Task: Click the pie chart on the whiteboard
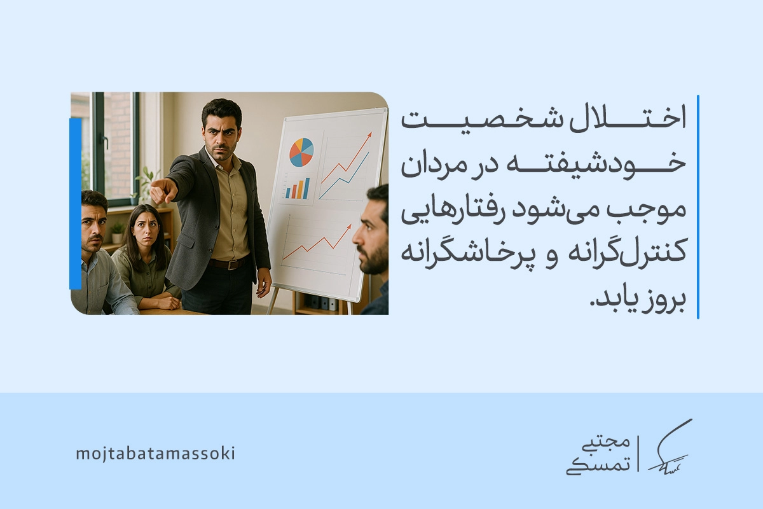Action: (x=301, y=153)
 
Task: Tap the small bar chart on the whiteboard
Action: (x=298, y=188)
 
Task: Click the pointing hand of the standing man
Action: (x=163, y=190)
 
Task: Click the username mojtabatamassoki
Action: (x=155, y=454)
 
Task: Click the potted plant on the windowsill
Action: (x=118, y=232)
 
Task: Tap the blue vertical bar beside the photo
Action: (x=75, y=204)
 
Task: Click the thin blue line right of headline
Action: (x=698, y=207)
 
